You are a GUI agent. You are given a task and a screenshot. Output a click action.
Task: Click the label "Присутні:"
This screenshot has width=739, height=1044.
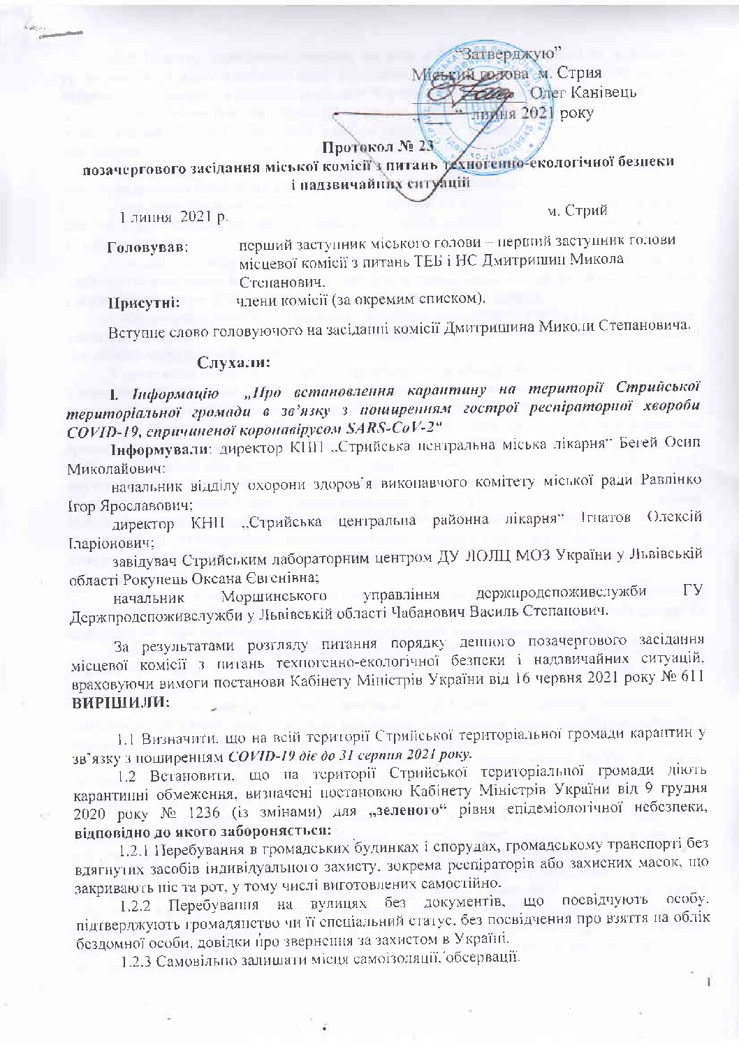tap(142, 302)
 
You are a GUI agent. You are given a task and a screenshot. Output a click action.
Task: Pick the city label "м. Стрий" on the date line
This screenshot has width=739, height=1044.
tap(577, 209)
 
